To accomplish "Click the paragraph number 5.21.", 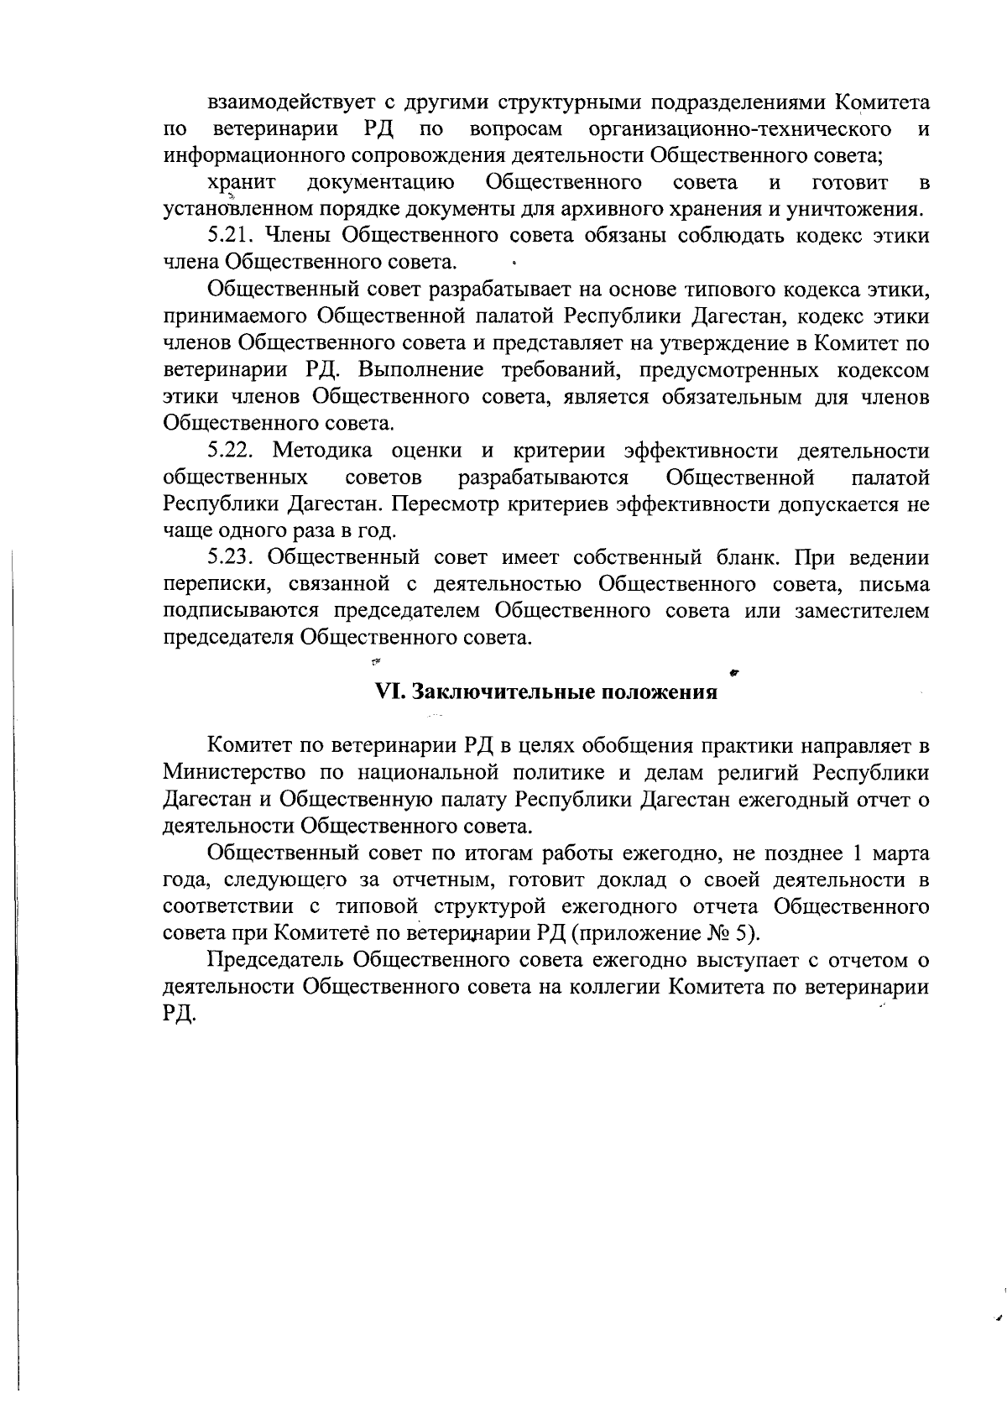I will click(x=232, y=236).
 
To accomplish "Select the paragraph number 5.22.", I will click(x=232, y=451).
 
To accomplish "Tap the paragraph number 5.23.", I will click(x=232, y=558).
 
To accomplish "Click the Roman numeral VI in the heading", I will click(x=387, y=692).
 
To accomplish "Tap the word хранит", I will click(x=242, y=183).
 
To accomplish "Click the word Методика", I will click(x=323, y=451).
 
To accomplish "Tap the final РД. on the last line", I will click(x=180, y=1015).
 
